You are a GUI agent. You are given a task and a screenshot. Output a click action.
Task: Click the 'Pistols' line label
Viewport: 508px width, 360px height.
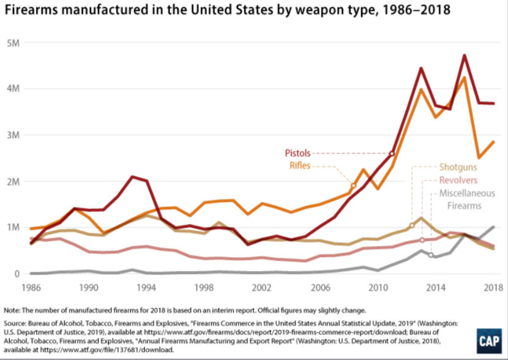pyautogui.click(x=297, y=152)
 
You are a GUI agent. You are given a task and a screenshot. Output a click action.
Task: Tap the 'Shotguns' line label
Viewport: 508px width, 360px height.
pyautogui.click(x=458, y=167)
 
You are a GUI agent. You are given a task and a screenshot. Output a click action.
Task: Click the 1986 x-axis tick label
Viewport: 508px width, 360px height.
pyautogui.click(x=31, y=287)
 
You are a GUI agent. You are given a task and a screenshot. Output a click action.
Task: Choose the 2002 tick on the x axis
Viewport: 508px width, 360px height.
pyautogui.click(x=263, y=287)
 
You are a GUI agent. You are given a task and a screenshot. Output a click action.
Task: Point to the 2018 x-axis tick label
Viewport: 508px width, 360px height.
pyautogui.click(x=493, y=287)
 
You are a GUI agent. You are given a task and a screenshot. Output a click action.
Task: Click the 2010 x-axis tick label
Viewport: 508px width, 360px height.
pyautogui.click(x=378, y=287)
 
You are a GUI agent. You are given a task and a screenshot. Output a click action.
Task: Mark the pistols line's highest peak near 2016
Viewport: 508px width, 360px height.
pyautogui.click(x=465, y=56)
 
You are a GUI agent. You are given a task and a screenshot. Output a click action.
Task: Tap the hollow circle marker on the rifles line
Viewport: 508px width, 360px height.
pyautogui.click(x=354, y=185)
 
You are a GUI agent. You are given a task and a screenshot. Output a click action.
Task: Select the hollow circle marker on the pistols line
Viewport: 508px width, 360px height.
pyautogui.click(x=392, y=153)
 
